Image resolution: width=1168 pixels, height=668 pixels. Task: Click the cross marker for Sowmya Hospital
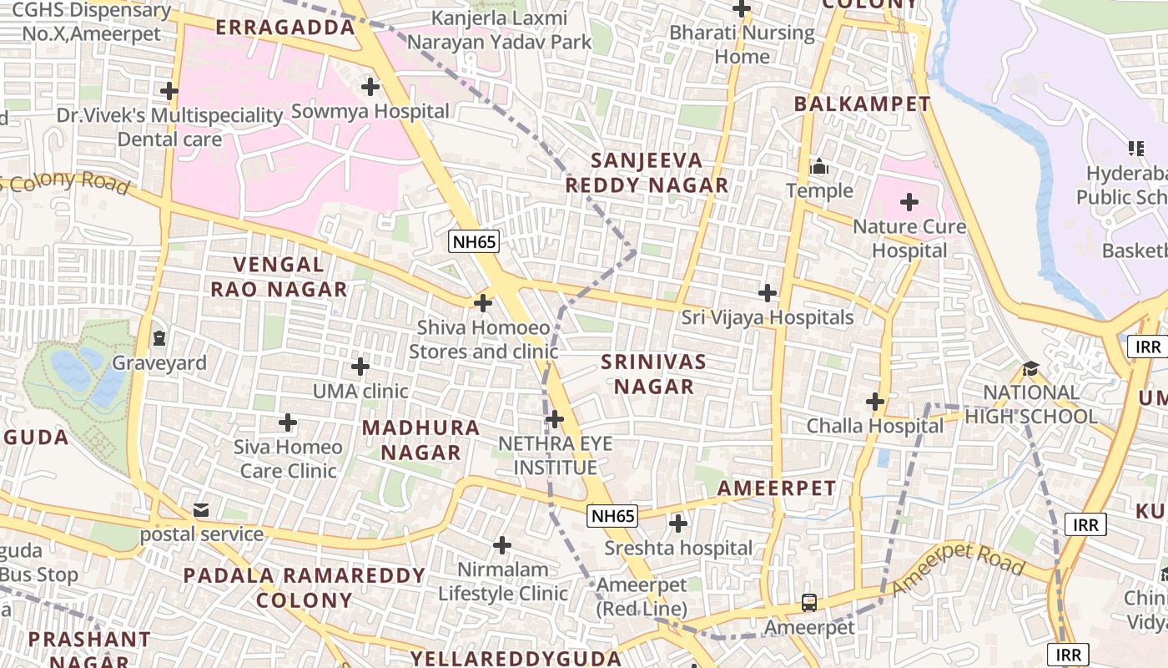coord(370,86)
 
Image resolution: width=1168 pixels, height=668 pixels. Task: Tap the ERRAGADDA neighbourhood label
coord(285,28)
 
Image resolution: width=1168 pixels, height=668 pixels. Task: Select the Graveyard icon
coord(159,338)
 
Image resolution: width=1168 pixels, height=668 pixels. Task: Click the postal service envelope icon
coord(201,509)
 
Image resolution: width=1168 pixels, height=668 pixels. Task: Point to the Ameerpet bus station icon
coord(808,601)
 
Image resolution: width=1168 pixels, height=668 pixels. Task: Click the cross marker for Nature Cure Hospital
coord(909,201)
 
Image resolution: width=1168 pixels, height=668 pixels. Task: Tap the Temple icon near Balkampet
coord(819,166)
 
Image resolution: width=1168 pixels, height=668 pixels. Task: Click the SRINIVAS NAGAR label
coord(653,374)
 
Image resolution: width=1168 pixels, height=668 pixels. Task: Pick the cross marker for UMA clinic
coord(360,366)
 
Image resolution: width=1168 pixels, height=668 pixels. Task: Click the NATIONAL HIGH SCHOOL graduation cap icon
coord(1031,368)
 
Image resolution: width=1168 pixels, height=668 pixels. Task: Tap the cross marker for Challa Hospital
coord(874,402)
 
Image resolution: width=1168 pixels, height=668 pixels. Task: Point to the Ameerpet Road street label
coord(958,569)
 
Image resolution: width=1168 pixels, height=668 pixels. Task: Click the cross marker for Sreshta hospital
coord(678,524)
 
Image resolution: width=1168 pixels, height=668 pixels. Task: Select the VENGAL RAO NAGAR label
coord(279,277)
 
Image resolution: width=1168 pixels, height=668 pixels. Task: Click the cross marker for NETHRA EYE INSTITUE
coord(555,418)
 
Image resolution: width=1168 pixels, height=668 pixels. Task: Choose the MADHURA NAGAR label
coord(421,440)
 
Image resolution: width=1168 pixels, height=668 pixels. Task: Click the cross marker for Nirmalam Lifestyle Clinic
coord(501,545)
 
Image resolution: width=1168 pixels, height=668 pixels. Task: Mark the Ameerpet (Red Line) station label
coord(642,596)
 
